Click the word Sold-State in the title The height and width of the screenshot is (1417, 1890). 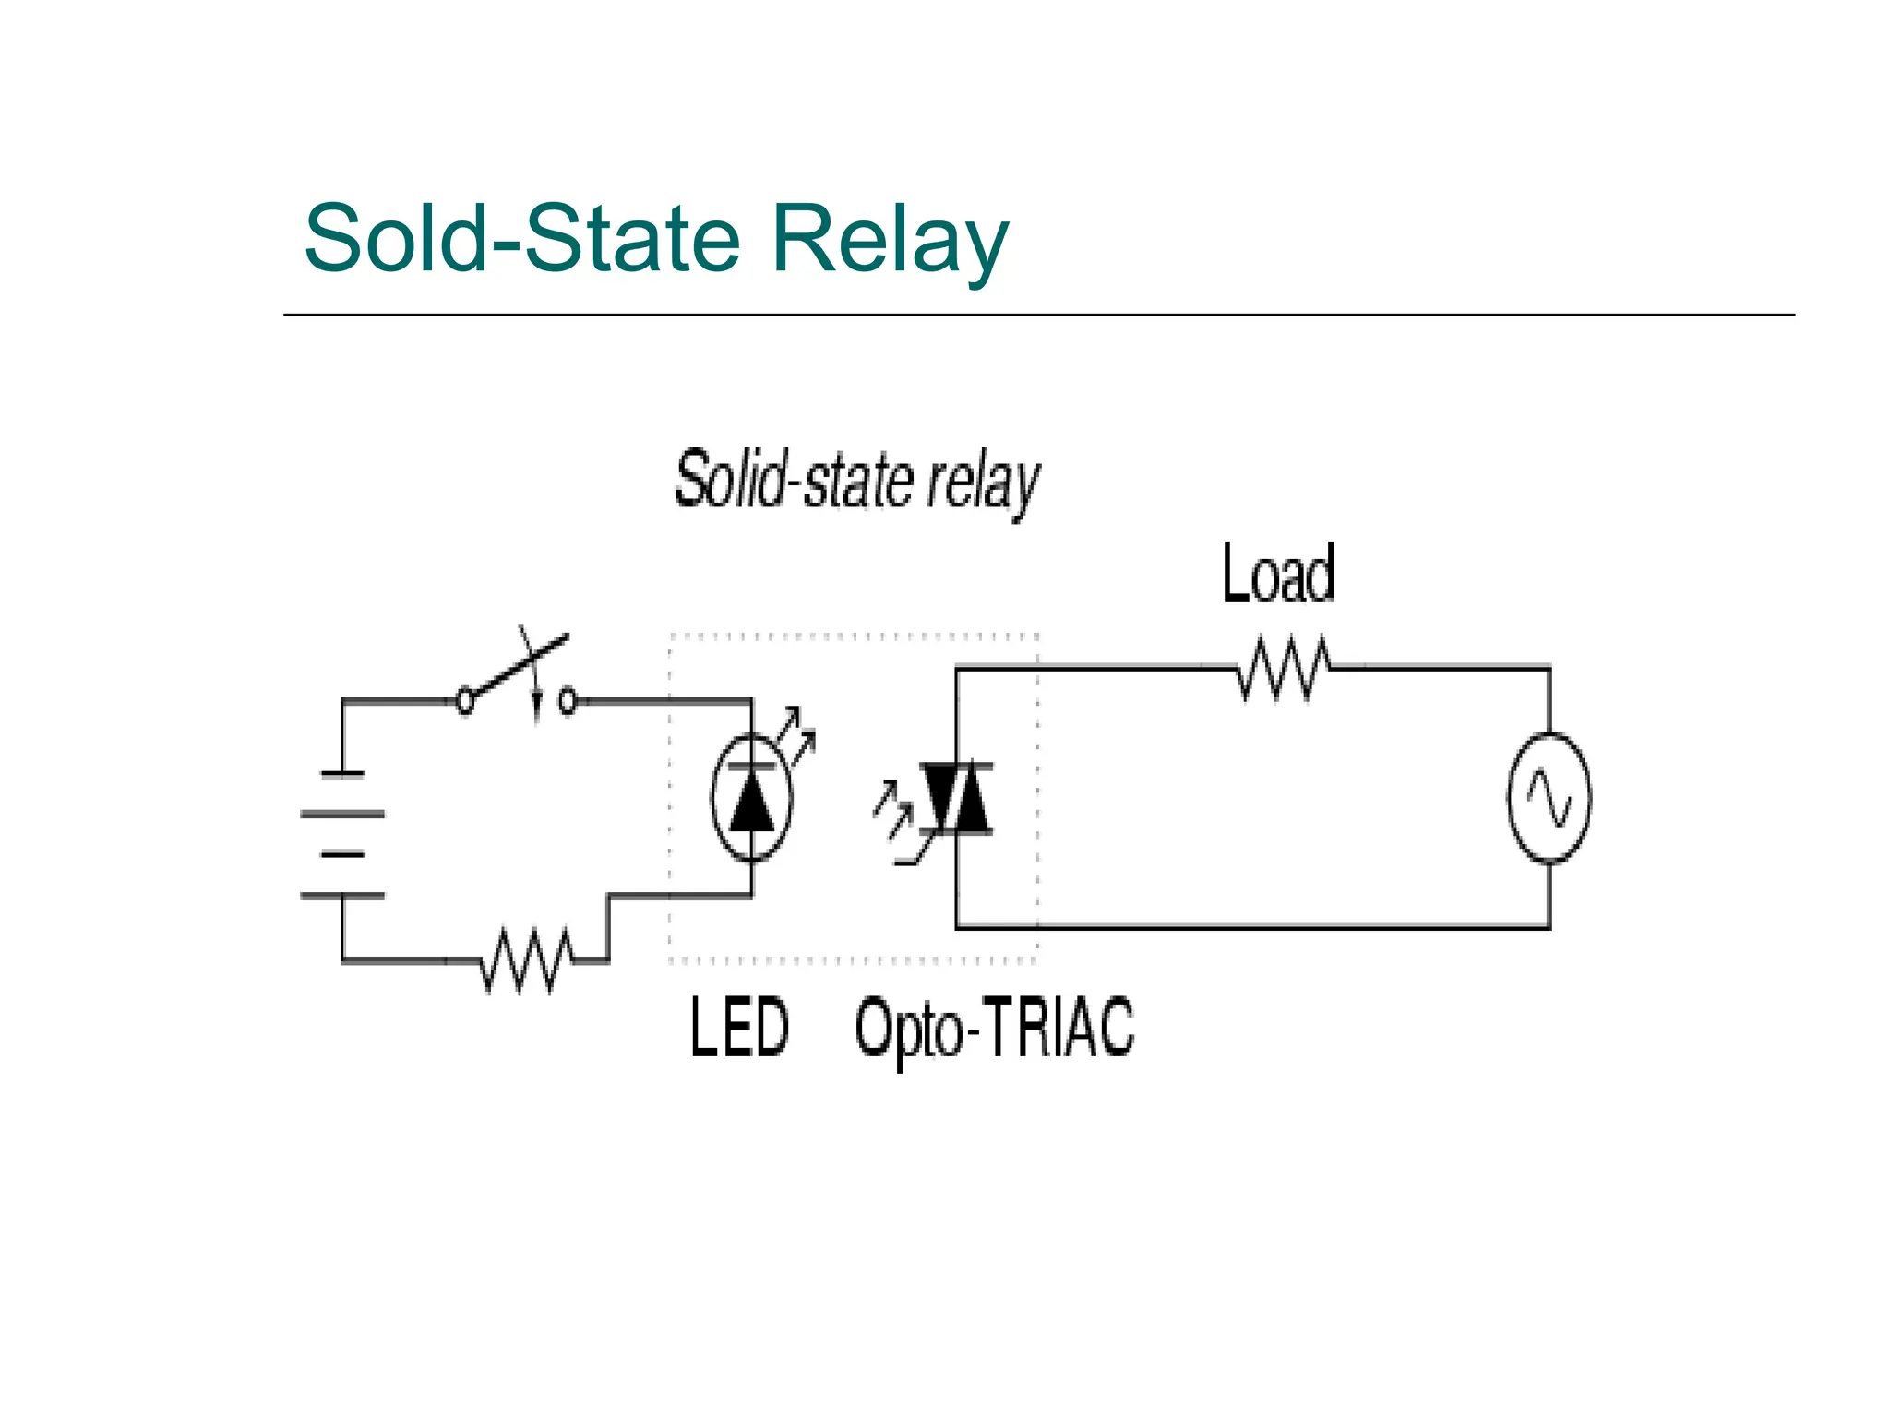click(x=522, y=239)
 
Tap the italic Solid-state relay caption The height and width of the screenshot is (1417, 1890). click(x=857, y=481)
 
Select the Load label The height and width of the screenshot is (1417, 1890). click(x=1278, y=574)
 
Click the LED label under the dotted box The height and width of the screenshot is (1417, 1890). click(x=739, y=1028)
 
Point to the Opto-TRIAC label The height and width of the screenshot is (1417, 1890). click(x=994, y=1028)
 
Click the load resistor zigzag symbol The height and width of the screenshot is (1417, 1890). click(x=1283, y=668)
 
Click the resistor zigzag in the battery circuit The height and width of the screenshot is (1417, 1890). click(x=526, y=961)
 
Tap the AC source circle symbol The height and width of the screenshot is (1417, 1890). click(x=1549, y=798)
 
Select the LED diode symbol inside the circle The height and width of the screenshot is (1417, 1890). click(x=752, y=801)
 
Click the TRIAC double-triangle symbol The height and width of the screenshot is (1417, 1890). click(x=957, y=799)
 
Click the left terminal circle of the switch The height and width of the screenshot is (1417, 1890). click(x=465, y=702)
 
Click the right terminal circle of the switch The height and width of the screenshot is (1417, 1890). click(x=568, y=702)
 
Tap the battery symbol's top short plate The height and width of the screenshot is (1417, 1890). click(x=342, y=774)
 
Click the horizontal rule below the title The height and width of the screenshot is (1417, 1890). click(x=1038, y=315)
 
